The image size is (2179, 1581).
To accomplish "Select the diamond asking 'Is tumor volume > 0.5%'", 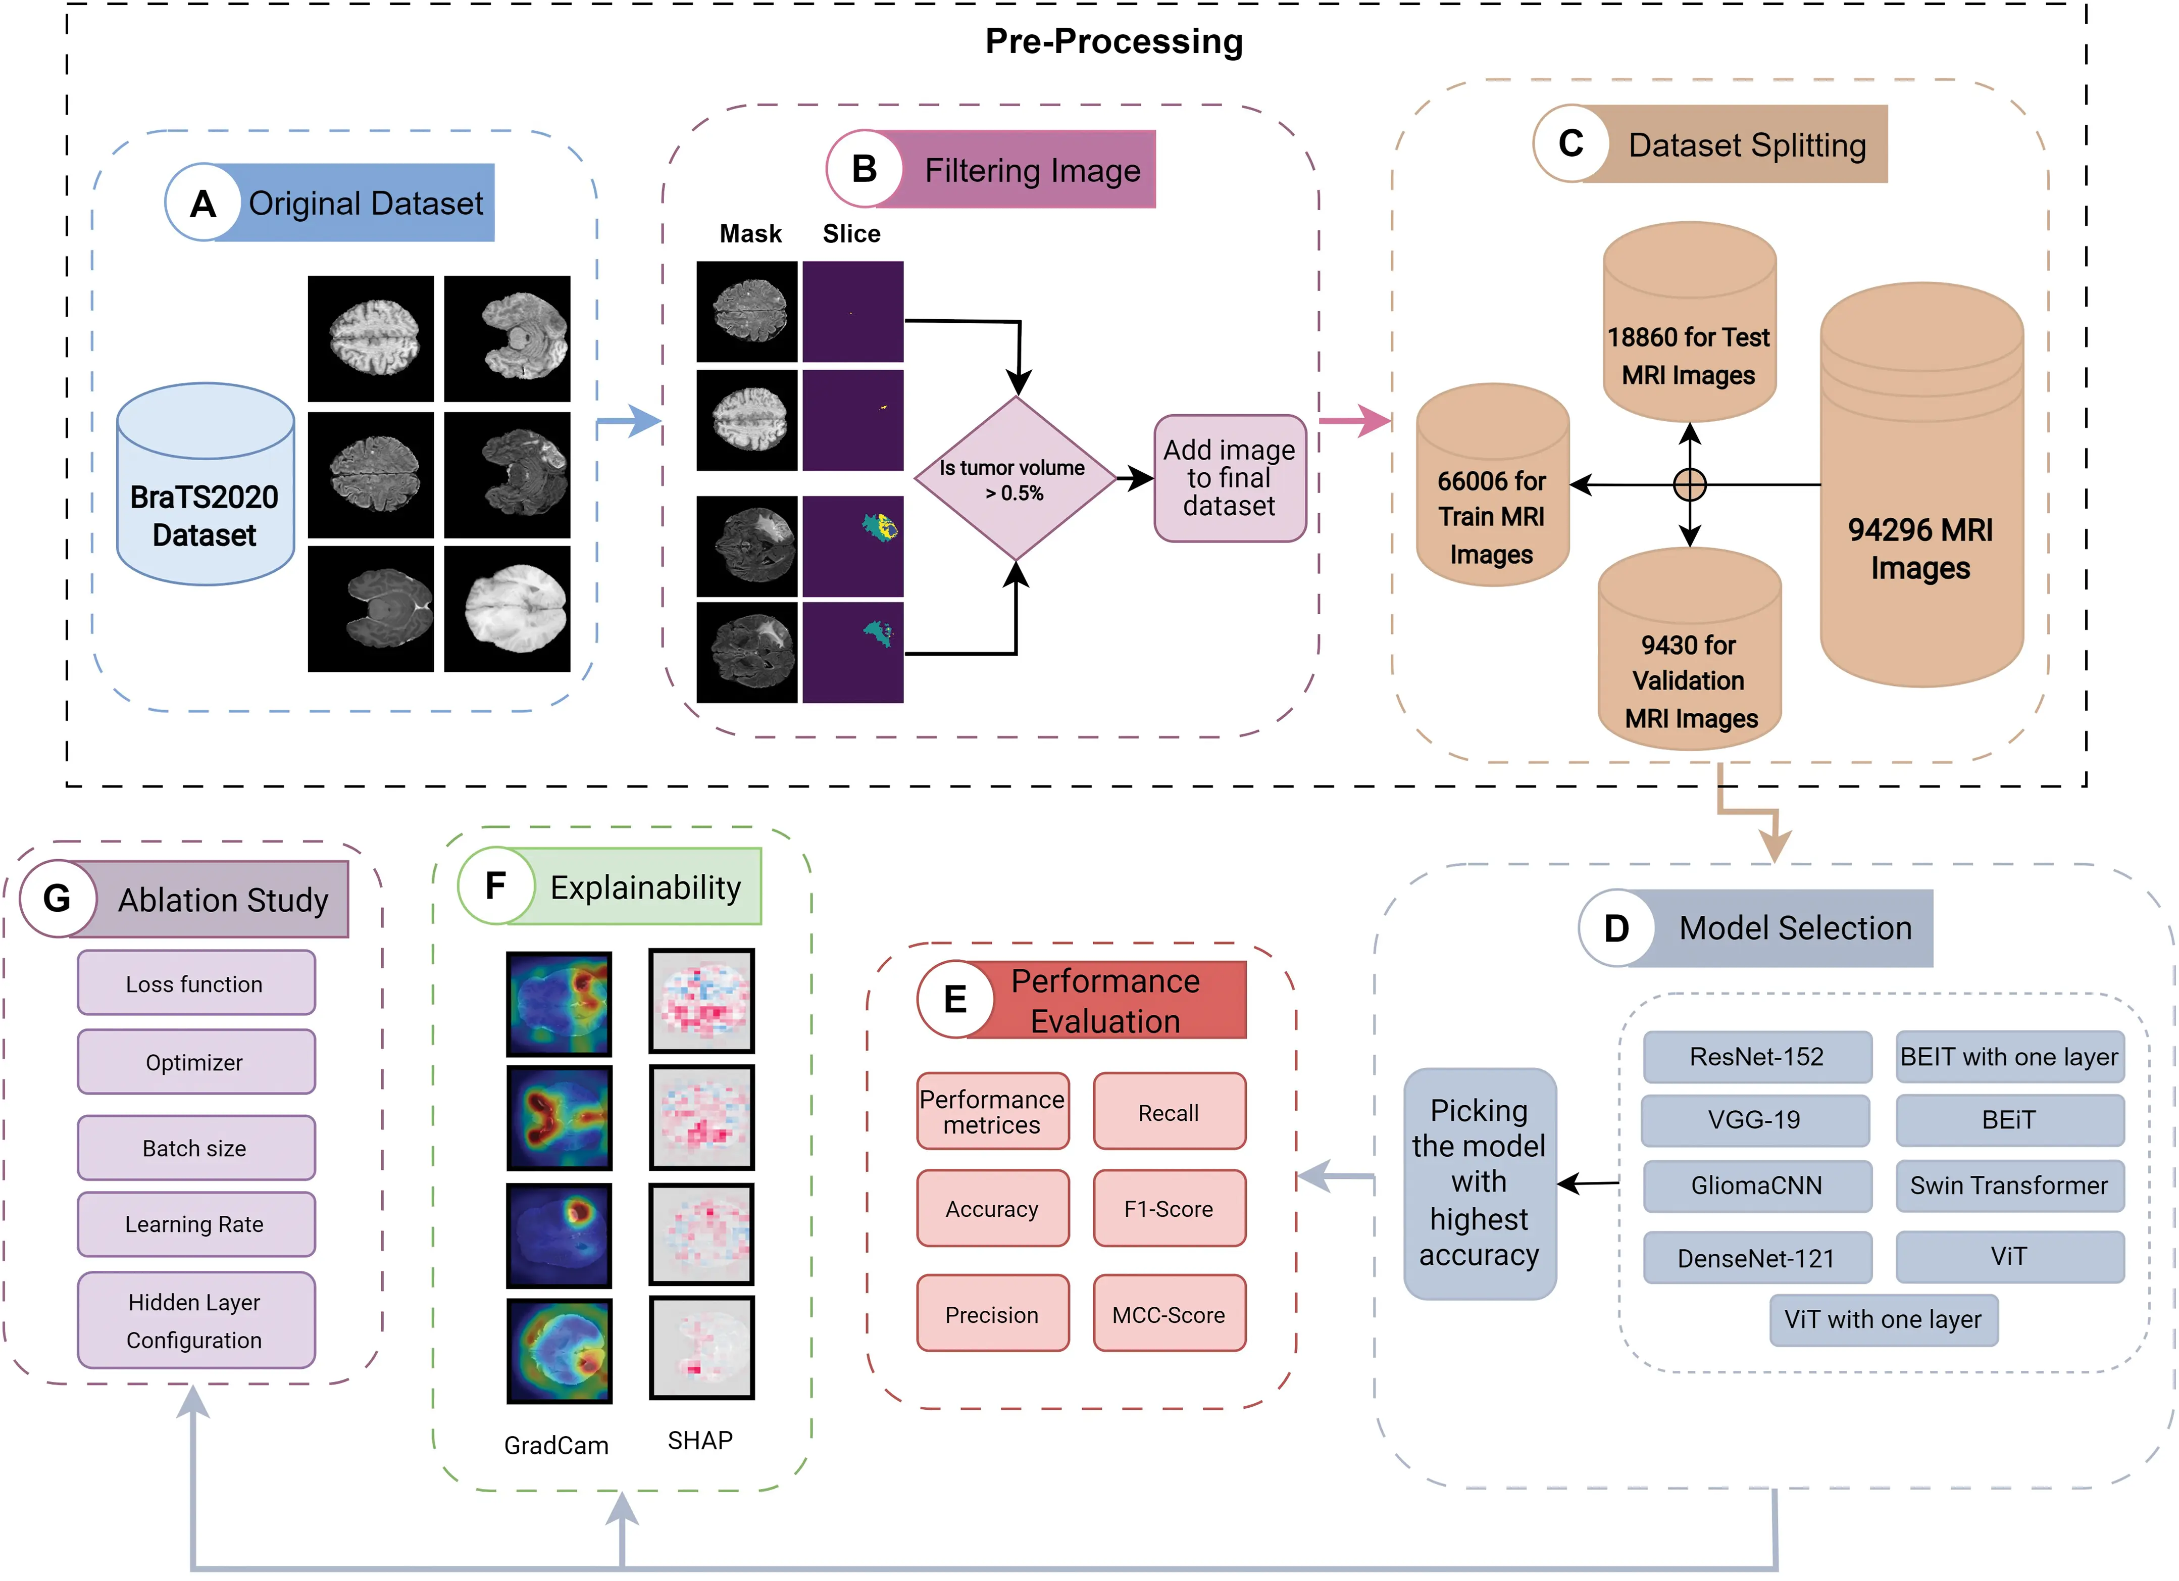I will click(x=1015, y=479).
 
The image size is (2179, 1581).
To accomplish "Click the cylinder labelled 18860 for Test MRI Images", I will click(x=1689, y=327).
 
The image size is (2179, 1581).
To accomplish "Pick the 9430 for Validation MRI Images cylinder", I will click(x=1689, y=654).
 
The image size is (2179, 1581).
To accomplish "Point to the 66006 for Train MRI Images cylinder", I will click(x=1492, y=490).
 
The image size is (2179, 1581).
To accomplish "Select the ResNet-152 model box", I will click(x=1756, y=1056).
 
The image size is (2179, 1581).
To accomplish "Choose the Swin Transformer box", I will click(x=2009, y=1185).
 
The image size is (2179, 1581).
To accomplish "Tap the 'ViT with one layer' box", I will click(x=1883, y=1319).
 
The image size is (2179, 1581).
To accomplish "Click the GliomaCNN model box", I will click(x=1756, y=1185).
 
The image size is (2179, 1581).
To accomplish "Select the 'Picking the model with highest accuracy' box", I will click(x=1479, y=1183).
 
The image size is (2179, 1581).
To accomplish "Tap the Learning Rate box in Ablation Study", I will click(x=195, y=1223).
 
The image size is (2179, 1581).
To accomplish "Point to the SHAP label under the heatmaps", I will click(x=699, y=1440).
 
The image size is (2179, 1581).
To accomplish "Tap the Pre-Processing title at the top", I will click(x=1113, y=41).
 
